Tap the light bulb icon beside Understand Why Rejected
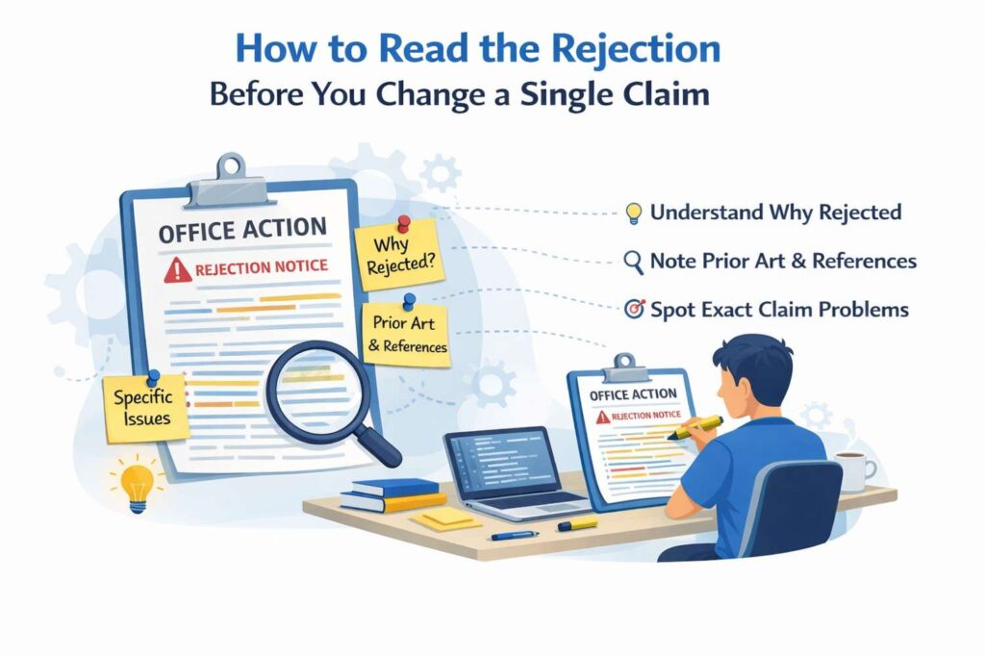634,213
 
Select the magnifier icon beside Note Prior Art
633,262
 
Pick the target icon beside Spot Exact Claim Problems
635,309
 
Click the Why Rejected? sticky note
399,254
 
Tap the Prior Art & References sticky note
407,334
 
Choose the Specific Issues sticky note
146,408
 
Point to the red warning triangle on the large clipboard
178,270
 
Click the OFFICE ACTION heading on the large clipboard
242,231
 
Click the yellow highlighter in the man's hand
695,427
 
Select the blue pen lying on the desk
516,535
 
